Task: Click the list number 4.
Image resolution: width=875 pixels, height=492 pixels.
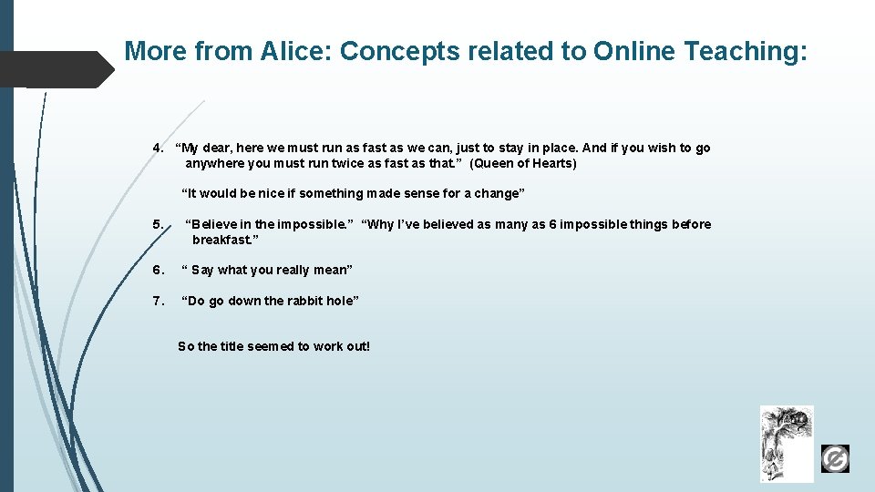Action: (158, 148)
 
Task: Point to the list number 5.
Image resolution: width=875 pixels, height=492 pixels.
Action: (158, 224)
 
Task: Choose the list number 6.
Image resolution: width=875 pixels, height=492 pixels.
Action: (158, 270)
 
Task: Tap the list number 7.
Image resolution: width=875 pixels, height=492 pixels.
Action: (158, 301)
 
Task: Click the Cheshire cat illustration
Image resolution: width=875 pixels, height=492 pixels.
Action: (787, 444)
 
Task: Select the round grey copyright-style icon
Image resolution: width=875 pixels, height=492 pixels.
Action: (835, 458)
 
